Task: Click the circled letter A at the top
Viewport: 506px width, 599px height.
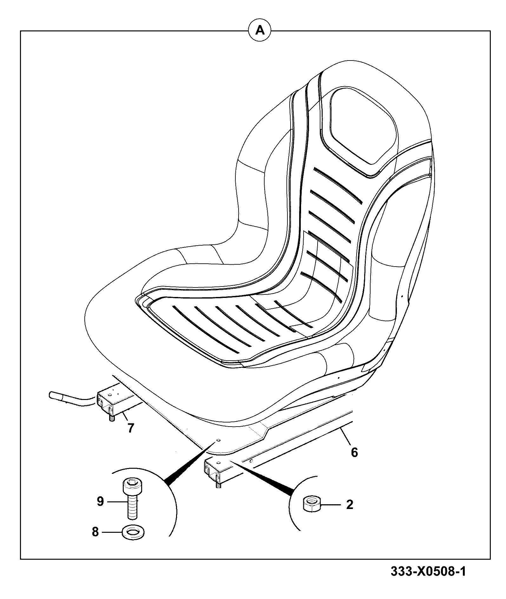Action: point(260,31)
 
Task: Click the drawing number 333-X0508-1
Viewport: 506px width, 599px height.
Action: point(428,572)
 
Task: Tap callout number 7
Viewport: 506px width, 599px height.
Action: point(130,428)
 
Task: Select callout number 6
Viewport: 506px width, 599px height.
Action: point(354,452)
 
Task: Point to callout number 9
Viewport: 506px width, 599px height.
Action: point(100,502)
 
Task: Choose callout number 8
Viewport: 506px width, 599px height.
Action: point(95,532)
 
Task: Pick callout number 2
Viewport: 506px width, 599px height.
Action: point(349,505)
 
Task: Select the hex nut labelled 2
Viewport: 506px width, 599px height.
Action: point(312,504)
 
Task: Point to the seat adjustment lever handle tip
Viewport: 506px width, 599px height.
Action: point(52,395)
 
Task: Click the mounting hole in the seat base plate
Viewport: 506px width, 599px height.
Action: point(219,441)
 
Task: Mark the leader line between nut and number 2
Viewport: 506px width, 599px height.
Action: point(332,505)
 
